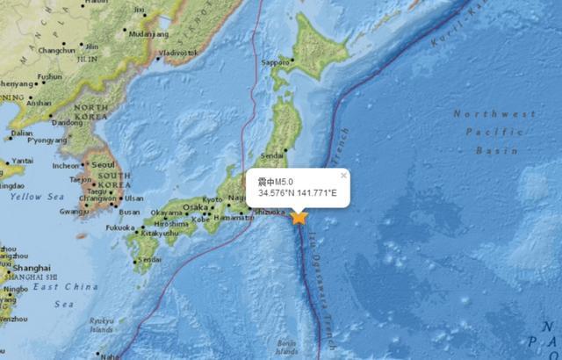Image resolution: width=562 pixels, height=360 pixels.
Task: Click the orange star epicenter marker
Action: click(300, 217)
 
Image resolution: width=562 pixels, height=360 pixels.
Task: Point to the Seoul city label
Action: click(104, 165)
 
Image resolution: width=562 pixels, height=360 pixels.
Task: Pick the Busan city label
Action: click(130, 212)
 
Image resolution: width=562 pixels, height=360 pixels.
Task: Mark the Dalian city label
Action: click(22, 133)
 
